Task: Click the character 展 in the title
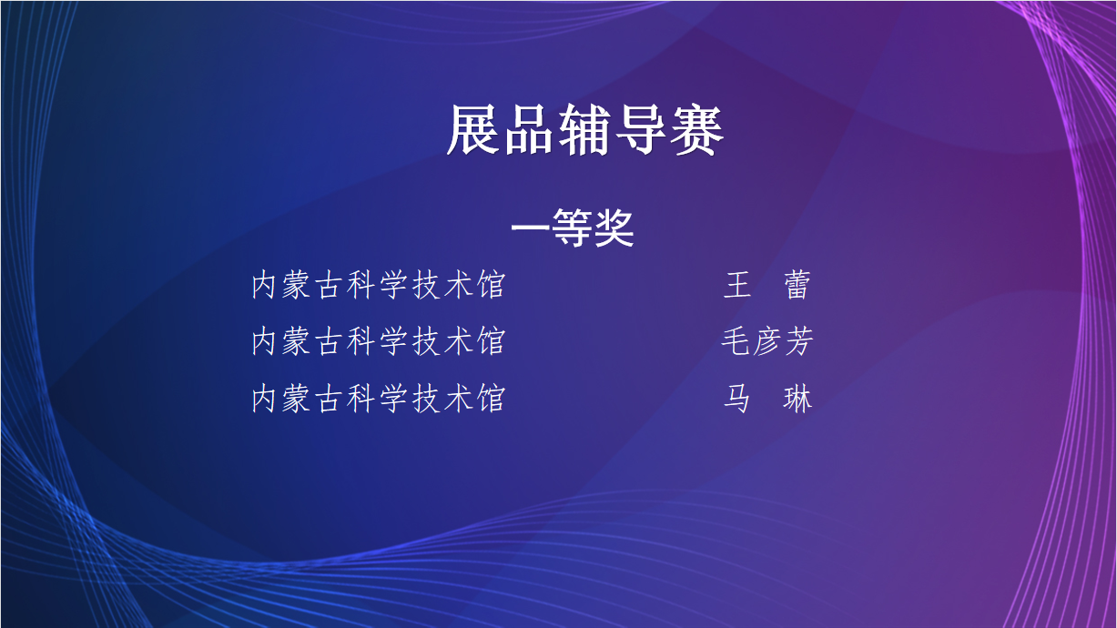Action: pos(474,129)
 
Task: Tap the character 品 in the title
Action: pos(530,129)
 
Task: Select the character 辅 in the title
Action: pos(585,129)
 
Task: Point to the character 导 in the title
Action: pos(641,129)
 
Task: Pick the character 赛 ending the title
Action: pos(697,129)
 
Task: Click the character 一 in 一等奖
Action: pos(531,228)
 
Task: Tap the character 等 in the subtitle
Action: pos(573,228)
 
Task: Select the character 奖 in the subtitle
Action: pos(614,228)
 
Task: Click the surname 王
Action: pos(737,285)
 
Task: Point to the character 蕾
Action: pos(797,285)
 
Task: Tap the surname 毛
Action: pos(736,341)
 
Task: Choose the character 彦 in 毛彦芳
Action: pos(767,341)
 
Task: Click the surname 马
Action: pos(737,399)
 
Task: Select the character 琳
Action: pos(797,399)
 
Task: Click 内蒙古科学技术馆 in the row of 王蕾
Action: pos(379,285)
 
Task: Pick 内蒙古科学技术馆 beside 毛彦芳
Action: pos(379,341)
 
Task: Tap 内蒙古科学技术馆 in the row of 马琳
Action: pos(379,399)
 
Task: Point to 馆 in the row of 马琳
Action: pos(492,399)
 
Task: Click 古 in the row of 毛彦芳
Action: pos(330,341)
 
